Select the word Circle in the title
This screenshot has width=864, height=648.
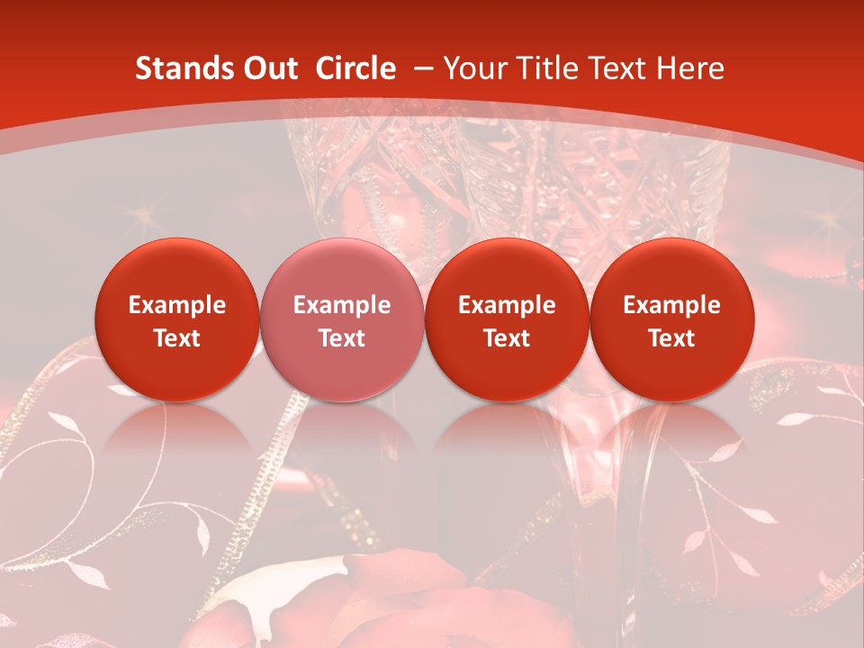click(355, 68)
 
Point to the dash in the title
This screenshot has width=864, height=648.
click(420, 68)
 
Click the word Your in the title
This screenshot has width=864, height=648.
click(473, 68)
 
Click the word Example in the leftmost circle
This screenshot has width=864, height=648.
click(177, 305)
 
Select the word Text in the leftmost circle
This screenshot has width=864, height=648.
click(177, 338)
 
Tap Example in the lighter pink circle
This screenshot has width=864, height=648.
click(342, 305)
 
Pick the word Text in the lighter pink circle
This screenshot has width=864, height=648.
click(342, 338)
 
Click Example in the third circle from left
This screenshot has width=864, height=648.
click(507, 305)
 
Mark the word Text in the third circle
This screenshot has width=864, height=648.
click(507, 338)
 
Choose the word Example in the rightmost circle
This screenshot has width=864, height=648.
click(671, 305)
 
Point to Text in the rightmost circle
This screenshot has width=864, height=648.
click(671, 338)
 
